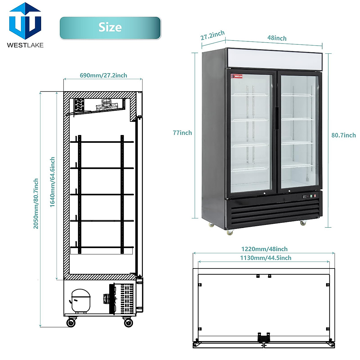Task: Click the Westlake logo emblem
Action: coord(25,22)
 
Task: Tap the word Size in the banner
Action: coord(110,27)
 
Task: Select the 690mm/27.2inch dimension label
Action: coord(103,75)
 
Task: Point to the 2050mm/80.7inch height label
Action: coord(36,204)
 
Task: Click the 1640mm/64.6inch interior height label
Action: coord(52,182)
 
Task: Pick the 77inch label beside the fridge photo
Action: coord(182,133)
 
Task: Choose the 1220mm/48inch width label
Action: coord(264,249)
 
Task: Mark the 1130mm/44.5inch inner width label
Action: coord(265,258)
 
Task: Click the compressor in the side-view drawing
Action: coord(80,301)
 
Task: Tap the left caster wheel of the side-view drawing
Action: coord(71,322)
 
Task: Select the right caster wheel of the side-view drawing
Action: coord(128,322)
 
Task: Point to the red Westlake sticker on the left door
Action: coord(237,76)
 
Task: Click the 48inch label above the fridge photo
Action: coord(277,38)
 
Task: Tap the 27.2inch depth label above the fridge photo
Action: coord(212,35)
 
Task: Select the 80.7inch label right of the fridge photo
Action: coord(343,135)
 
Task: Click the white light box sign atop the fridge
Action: coord(274,59)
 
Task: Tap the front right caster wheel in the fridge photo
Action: coord(303,223)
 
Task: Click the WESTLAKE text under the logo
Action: coord(25,45)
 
